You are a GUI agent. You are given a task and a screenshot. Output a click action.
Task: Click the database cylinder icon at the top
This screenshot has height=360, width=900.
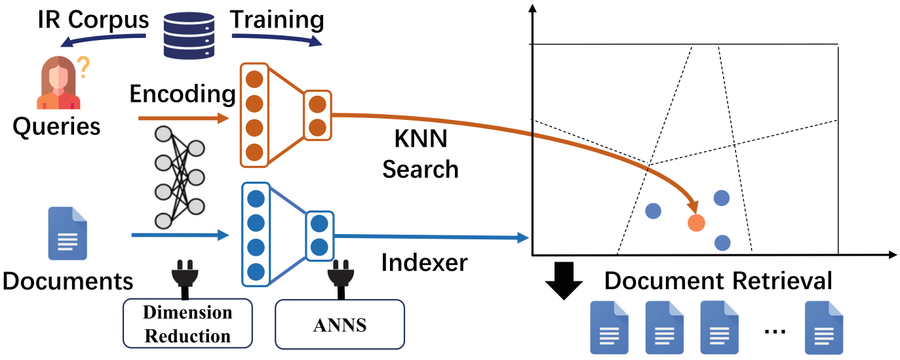pos(189,32)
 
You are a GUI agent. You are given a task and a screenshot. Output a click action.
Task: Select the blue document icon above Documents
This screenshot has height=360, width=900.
pos(68,233)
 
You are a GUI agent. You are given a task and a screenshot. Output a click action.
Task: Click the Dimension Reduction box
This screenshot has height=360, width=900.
pos(187,323)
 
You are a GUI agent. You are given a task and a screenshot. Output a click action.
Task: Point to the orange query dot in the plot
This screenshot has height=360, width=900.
pos(695,223)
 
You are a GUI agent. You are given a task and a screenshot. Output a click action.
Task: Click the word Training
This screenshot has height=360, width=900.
pos(277,20)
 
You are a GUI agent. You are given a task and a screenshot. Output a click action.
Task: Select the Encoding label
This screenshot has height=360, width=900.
pos(182,94)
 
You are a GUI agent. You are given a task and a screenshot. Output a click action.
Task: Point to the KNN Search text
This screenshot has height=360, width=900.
pos(420,155)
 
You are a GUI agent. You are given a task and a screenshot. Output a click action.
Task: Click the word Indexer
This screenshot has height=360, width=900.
pos(424,263)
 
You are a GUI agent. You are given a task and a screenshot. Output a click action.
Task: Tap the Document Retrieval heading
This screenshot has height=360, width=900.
pos(718,281)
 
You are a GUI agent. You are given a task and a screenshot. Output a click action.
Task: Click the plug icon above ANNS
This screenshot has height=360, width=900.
pos(341,278)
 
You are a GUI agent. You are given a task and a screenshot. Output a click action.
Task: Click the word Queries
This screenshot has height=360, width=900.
pos(57,125)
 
